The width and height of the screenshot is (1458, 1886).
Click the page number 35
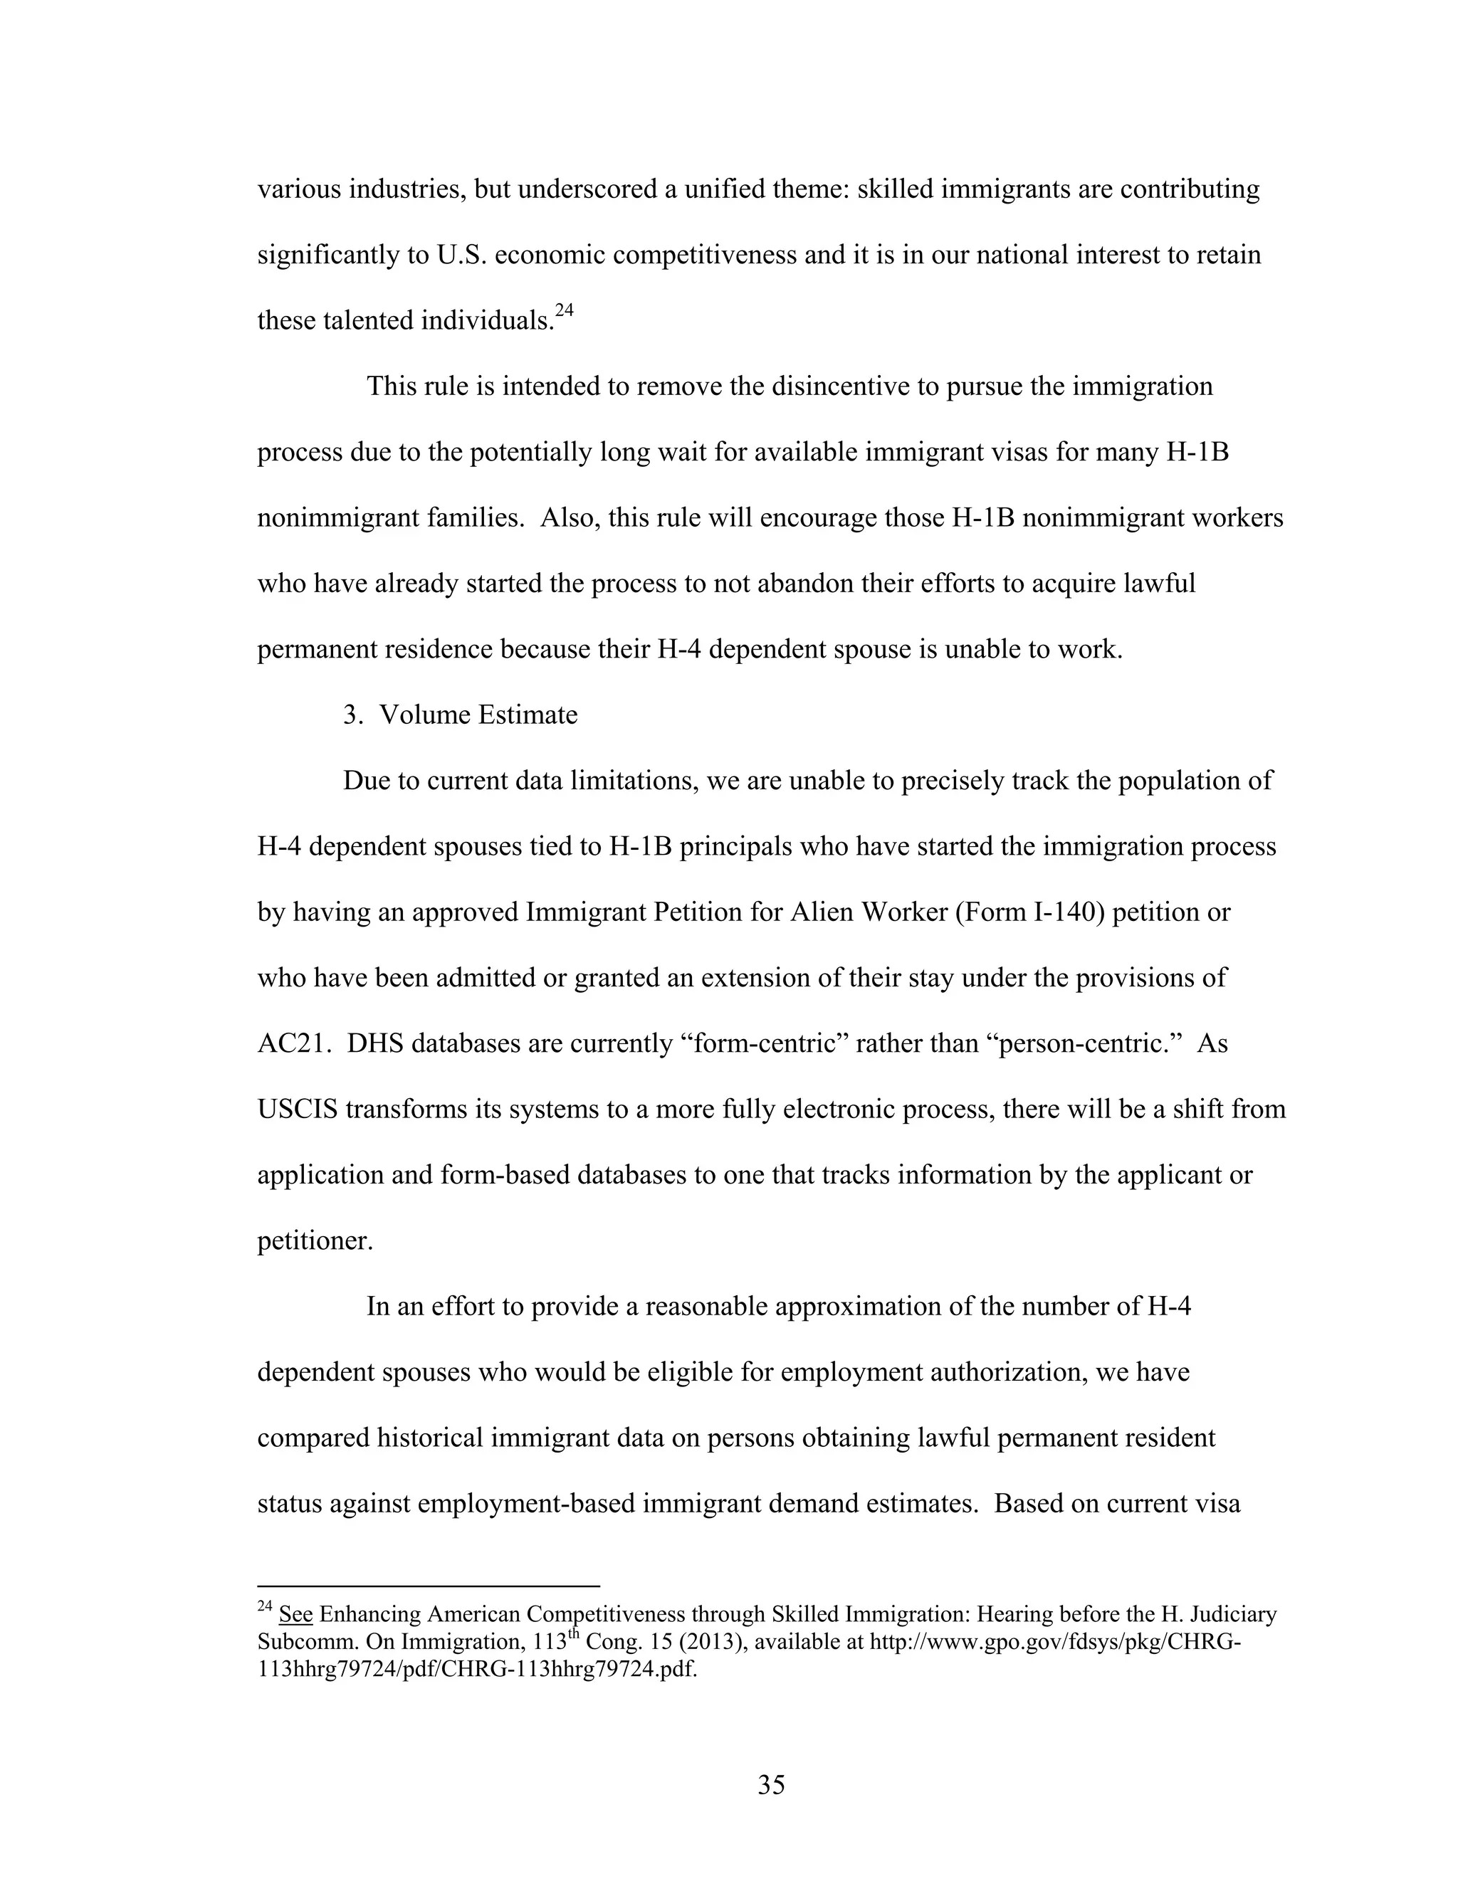(770, 1784)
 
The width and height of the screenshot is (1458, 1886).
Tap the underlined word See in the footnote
(295, 1615)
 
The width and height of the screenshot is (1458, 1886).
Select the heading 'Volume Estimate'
(478, 715)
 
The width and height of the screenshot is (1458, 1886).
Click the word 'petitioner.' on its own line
(315, 1241)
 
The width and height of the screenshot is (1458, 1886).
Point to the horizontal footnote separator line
(428, 1586)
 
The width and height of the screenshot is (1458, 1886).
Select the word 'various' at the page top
(299, 189)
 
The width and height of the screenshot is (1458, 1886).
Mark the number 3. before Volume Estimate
(352, 715)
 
